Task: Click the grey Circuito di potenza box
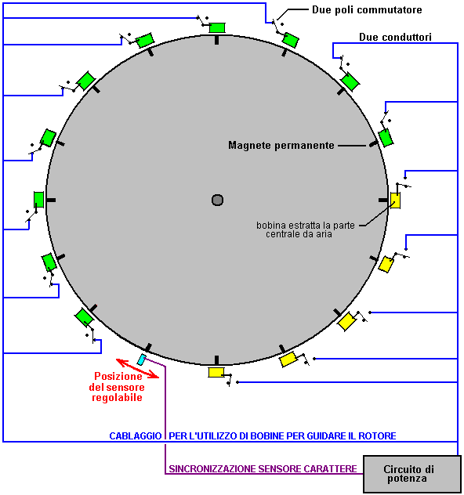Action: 412,474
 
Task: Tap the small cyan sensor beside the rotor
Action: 142,360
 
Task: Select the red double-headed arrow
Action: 137,368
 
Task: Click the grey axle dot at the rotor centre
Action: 217,200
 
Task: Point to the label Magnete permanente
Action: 281,145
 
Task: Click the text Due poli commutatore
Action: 367,9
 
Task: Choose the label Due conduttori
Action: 395,37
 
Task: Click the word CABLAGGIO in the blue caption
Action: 136,436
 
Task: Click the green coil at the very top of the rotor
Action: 217,27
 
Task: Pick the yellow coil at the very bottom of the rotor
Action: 216,373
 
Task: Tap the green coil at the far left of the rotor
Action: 39,200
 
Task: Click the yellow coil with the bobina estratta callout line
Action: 396,201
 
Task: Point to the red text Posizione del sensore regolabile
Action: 117,387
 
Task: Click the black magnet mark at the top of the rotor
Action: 216,40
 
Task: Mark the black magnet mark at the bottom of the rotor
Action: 216,360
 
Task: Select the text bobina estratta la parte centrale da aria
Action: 306,229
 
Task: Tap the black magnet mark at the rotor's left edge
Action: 51,201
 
